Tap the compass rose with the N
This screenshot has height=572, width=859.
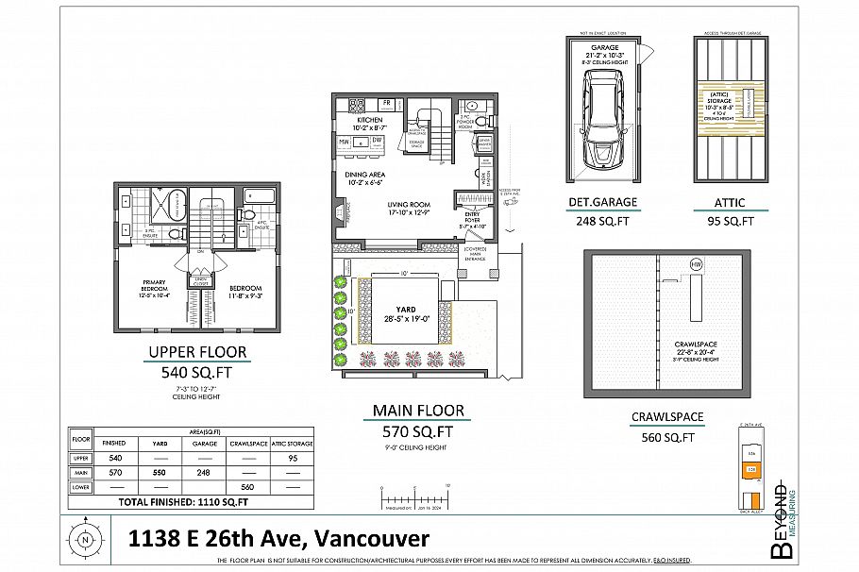(86, 540)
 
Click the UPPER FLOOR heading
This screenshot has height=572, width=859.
(197, 353)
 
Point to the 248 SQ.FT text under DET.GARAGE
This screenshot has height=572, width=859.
(602, 223)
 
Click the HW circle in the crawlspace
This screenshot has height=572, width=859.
(696, 263)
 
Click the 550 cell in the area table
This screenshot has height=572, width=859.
(160, 471)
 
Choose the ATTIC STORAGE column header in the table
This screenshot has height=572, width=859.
(293, 443)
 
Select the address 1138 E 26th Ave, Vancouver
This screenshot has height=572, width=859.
(278, 539)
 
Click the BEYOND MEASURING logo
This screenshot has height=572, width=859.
(781, 524)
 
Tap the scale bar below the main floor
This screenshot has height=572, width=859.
(414, 492)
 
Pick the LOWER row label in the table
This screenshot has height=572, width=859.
(81, 486)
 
